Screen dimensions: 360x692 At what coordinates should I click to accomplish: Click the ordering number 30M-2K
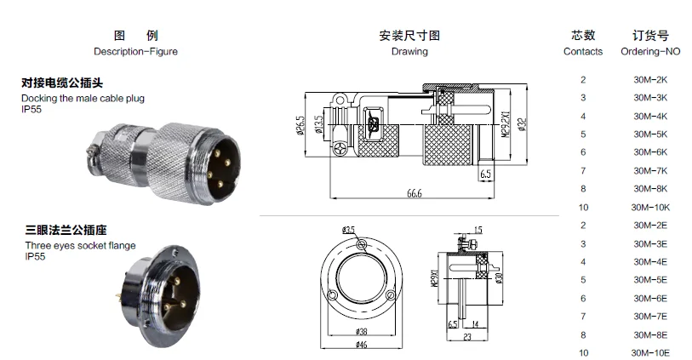[650, 80]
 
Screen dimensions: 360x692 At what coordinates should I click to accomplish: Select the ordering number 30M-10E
[650, 352]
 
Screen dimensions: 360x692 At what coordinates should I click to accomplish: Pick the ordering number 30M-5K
[650, 134]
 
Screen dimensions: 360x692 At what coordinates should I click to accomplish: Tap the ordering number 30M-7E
[650, 316]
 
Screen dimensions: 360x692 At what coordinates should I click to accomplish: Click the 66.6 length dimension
[415, 194]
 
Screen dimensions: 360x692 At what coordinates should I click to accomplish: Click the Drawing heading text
[409, 51]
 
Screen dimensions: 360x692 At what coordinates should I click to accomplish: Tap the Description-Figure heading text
[135, 51]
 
